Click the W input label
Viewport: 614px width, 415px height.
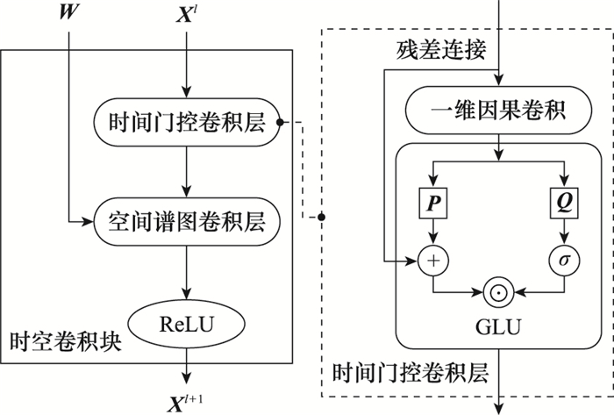point(66,14)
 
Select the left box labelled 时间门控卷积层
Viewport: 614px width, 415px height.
point(186,124)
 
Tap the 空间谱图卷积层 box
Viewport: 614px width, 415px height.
point(187,219)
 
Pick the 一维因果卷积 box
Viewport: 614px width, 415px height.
point(498,111)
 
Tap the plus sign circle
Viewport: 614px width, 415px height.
point(432,261)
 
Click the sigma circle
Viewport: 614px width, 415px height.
point(564,261)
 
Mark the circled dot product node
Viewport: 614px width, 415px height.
point(497,290)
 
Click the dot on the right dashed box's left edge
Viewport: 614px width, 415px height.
point(321,216)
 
